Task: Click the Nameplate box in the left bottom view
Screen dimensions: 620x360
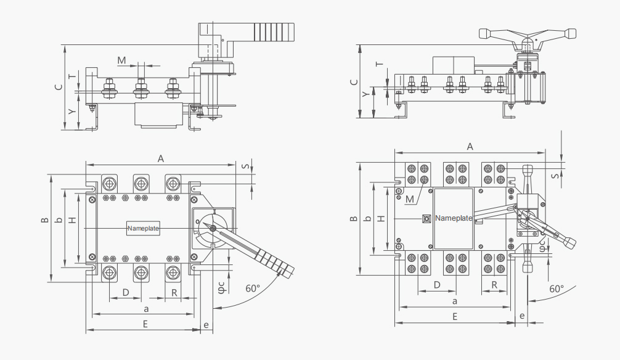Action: pyautogui.click(x=143, y=228)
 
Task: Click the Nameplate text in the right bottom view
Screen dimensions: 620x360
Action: pyautogui.click(x=454, y=218)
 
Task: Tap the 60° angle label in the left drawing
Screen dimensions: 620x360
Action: pyautogui.click(x=253, y=288)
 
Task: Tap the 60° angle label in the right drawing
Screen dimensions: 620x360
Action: pyautogui.click(x=557, y=288)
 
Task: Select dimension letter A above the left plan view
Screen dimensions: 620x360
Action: pyautogui.click(x=160, y=158)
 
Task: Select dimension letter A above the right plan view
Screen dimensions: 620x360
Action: pyautogui.click(x=470, y=147)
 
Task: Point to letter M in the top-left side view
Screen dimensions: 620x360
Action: pyautogui.click(x=122, y=60)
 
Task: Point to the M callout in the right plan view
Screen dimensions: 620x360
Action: pyautogui.click(x=410, y=199)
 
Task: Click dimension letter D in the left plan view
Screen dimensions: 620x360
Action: pyautogui.click(x=126, y=292)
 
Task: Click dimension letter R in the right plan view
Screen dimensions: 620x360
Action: pyautogui.click(x=494, y=285)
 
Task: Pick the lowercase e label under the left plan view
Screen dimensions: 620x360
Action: pyautogui.click(x=206, y=325)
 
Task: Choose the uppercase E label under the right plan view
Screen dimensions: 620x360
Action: pyautogui.click(x=455, y=316)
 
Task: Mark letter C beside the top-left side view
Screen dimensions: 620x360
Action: pyautogui.click(x=59, y=87)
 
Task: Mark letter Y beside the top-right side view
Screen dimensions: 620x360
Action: pyautogui.click(x=365, y=94)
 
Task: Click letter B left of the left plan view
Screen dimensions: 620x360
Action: pyautogui.click(x=44, y=220)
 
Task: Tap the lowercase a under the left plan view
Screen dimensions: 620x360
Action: pyautogui.click(x=146, y=309)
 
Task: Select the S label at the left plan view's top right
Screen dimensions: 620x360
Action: pyautogui.click(x=245, y=166)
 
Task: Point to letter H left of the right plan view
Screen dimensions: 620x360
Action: pyautogui.click(x=381, y=218)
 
